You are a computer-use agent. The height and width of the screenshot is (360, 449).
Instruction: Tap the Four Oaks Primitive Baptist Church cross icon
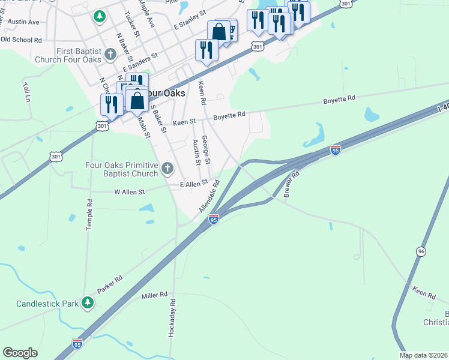pyautogui.click(x=169, y=169)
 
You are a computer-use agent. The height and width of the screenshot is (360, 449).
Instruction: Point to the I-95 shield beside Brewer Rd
pyautogui.click(x=335, y=149)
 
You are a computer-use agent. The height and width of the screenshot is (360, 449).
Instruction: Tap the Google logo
pyautogui.click(x=20, y=353)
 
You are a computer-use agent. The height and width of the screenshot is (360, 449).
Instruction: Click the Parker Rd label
pyautogui.click(x=110, y=284)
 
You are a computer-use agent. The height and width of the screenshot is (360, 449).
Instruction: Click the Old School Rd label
pyautogui.click(x=21, y=40)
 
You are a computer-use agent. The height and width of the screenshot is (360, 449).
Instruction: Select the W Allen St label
pyautogui.click(x=130, y=192)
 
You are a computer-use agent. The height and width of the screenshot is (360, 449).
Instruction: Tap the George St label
pyautogui.click(x=205, y=150)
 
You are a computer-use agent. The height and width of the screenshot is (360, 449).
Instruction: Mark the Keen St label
pyautogui.click(x=184, y=122)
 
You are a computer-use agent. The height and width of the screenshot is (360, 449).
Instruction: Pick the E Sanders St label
pyautogui.click(x=140, y=62)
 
